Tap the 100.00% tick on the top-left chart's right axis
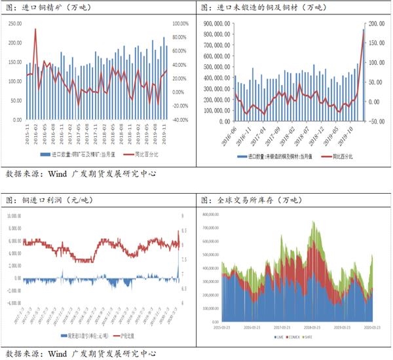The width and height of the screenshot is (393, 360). pos(180,23)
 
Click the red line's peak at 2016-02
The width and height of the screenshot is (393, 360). pos(35,29)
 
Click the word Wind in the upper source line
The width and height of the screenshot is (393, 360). pos(63,175)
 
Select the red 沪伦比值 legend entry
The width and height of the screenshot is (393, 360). pos(126,335)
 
